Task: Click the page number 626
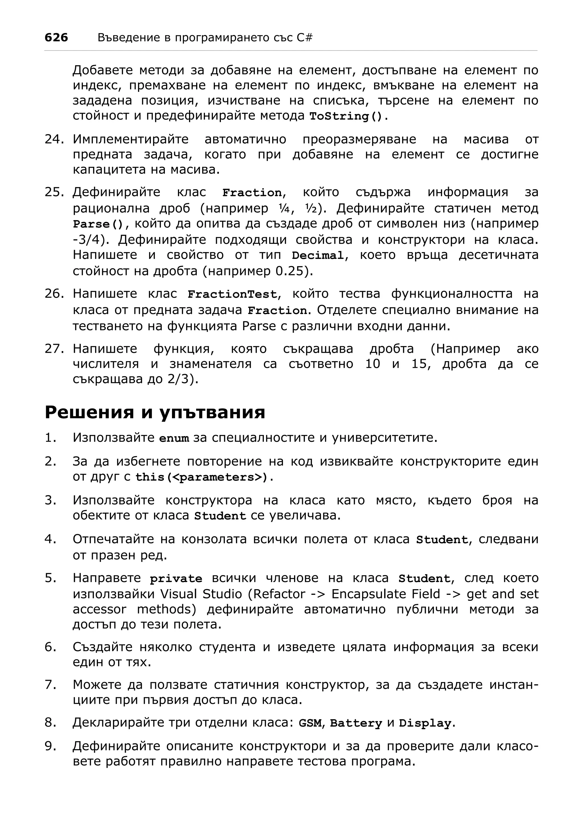click(56, 38)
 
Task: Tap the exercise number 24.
click(54, 139)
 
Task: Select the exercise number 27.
click(54, 349)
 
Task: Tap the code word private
click(176, 579)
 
